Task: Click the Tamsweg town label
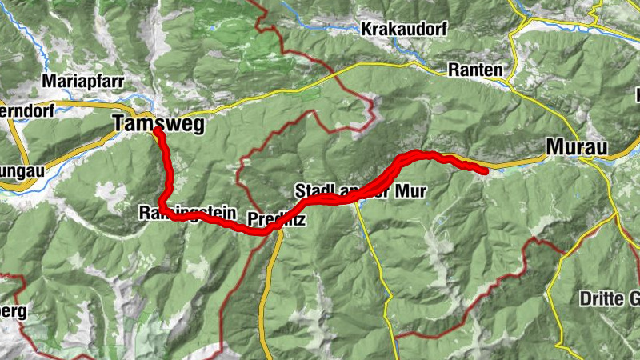159,124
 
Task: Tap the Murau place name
577,146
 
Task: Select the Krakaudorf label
404,29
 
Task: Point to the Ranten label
476,70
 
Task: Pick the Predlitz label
277,218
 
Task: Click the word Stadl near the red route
312,190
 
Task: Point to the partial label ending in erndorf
26,111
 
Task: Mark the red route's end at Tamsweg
158,130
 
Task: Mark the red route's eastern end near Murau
486,170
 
